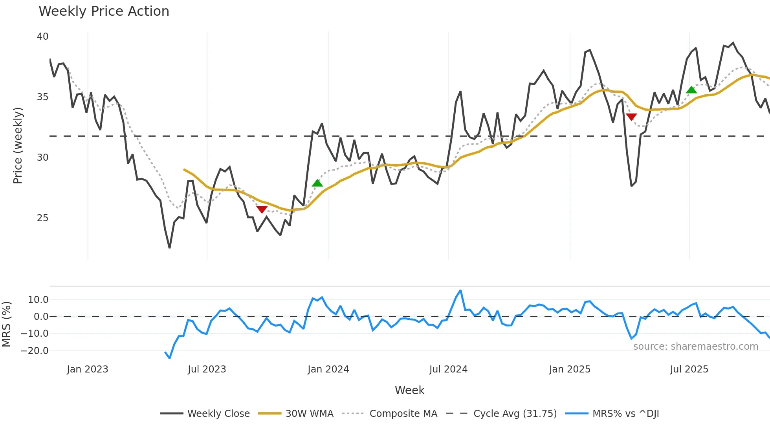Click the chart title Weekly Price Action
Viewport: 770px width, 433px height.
point(104,11)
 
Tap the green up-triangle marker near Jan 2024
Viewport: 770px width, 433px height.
point(317,183)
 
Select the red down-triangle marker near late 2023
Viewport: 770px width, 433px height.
point(262,209)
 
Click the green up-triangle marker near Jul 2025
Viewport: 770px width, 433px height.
point(691,90)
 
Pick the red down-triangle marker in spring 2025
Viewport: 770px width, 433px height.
point(631,117)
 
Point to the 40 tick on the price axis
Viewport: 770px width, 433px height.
point(42,37)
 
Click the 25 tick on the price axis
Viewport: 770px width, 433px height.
point(42,218)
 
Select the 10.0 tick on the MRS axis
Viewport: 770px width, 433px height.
point(38,300)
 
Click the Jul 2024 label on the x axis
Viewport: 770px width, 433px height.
point(448,369)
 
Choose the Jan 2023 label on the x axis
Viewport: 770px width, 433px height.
point(87,369)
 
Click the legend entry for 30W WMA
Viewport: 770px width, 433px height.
point(309,414)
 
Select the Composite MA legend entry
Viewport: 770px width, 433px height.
point(403,414)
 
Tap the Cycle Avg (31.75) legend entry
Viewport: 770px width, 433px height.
point(515,414)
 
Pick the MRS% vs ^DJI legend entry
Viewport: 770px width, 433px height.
point(625,414)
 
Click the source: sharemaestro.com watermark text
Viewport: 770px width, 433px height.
point(695,347)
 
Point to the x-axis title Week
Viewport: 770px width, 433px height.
point(409,390)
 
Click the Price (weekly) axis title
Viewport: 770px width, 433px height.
point(18,145)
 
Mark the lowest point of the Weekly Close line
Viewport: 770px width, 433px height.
point(169,248)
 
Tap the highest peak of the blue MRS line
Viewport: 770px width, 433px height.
point(460,291)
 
